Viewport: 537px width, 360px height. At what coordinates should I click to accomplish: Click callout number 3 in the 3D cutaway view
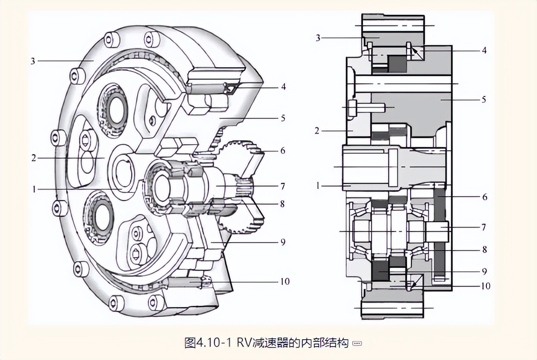coord(33,61)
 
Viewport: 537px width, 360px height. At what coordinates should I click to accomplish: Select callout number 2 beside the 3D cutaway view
coord(33,158)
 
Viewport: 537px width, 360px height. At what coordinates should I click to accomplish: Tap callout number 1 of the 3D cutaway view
coord(33,189)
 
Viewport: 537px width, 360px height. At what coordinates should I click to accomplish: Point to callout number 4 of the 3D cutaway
coord(283,87)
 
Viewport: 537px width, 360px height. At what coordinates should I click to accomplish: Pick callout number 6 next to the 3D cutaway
coord(283,151)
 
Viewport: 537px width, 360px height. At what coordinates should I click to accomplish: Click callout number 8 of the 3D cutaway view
coord(283,204)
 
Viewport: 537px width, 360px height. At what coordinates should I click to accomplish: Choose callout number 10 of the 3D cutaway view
coord(285,281)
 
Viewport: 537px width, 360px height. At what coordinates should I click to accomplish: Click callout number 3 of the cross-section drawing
coord(318,38)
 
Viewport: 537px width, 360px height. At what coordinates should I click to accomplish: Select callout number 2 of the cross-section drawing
coord(317,130)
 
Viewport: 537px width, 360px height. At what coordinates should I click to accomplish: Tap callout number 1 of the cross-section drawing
coord(318,186)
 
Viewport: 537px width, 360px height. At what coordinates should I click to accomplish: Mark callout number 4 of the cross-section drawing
coord(484,51)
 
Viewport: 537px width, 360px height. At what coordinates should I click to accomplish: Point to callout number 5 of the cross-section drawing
coord(484,100)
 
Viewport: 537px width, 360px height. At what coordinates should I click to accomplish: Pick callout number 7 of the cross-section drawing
coord(484,227)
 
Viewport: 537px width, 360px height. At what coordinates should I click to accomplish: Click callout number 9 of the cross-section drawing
coord(484,272)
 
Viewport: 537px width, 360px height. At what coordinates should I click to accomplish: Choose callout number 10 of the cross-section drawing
coord(486,286)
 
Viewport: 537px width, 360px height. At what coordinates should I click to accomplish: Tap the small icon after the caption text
coord(357,344)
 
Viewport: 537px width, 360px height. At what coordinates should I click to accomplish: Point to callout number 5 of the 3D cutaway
coord(283,118)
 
